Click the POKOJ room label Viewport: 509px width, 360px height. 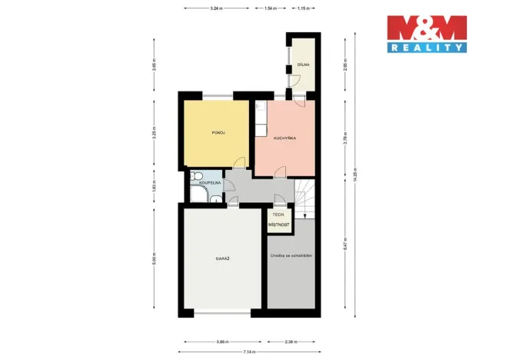coord(217,133)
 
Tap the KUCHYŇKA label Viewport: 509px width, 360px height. coord(284,138)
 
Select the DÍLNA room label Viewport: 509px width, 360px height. coord(304,67)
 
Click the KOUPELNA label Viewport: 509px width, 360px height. coord(210,183)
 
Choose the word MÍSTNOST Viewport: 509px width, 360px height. coord(279,224)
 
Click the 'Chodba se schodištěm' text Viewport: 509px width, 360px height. coord(291,255)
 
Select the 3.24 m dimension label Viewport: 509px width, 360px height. coord(216,8)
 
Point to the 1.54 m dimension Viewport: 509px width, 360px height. coord(270,8)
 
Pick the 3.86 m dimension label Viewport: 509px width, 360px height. coord(223,341)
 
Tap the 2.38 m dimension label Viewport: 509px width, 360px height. coord(291,341)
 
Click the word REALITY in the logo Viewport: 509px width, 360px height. coord(427,47)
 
